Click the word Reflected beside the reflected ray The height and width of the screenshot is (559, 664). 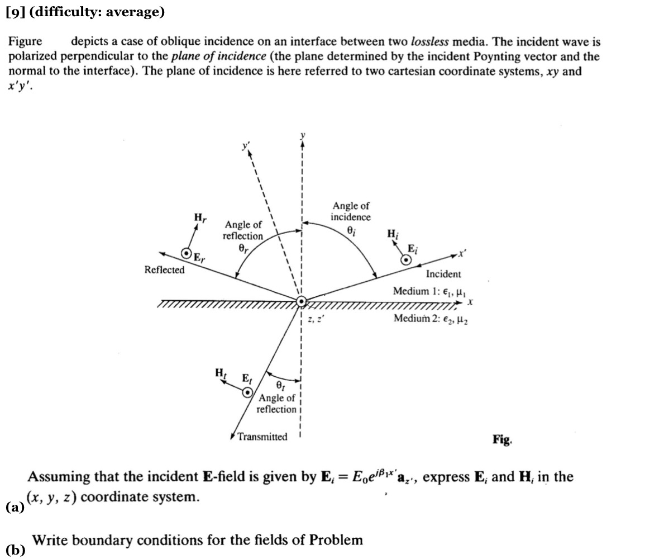(164, 270)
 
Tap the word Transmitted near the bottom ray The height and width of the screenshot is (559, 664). (262, 437)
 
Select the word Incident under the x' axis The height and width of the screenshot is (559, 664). (443, 274)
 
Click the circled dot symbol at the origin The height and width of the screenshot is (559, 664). (302, 301)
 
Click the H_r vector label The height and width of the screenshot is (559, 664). (199, 217)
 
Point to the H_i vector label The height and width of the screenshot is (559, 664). (393, 234)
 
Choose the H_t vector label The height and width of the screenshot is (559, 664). (221, 373)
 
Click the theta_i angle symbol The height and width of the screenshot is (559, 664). (351, 229)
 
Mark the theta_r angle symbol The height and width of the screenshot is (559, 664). (243, 248)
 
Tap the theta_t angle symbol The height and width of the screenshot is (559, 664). (280, 386)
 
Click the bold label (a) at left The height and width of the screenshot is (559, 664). (15, 507)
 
